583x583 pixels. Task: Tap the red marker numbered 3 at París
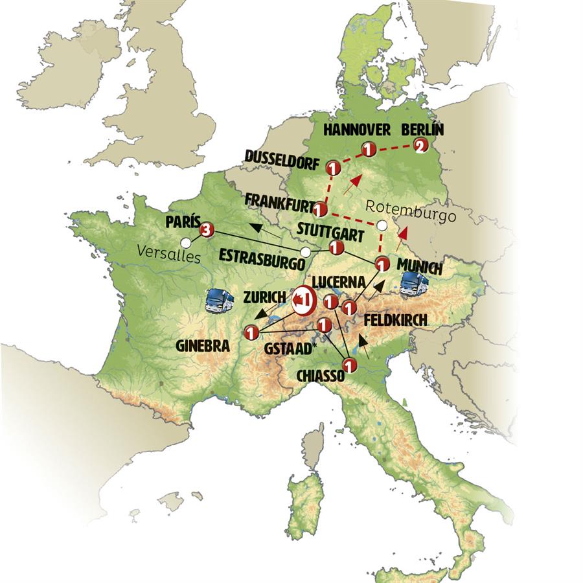coord(207,229)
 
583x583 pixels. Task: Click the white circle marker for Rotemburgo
coord(382,225)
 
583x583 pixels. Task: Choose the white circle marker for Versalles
coord(186,242)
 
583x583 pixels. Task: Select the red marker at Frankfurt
coord(319,209)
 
